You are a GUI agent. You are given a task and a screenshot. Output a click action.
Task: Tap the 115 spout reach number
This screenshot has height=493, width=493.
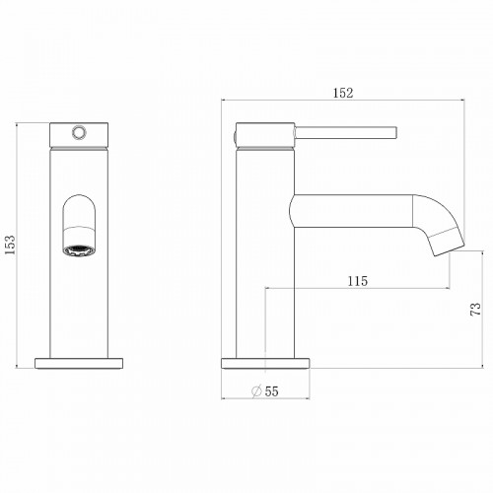coord(358,281)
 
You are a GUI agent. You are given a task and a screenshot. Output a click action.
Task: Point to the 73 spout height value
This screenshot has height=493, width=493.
coord(475,309)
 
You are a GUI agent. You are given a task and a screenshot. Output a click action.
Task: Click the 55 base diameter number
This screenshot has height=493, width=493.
coord(272,391)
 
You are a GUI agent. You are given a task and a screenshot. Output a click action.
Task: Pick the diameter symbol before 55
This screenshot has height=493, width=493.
coord(255,391)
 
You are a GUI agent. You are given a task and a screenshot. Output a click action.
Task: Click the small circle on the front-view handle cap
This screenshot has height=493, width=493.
coord(78,131)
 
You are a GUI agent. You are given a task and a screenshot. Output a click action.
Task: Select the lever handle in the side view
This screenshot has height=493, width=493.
coord(345,130)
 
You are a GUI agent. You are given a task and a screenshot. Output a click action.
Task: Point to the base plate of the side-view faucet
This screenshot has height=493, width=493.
coord(266,361)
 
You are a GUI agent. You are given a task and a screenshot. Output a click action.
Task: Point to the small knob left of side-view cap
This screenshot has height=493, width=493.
coord(235,131)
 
